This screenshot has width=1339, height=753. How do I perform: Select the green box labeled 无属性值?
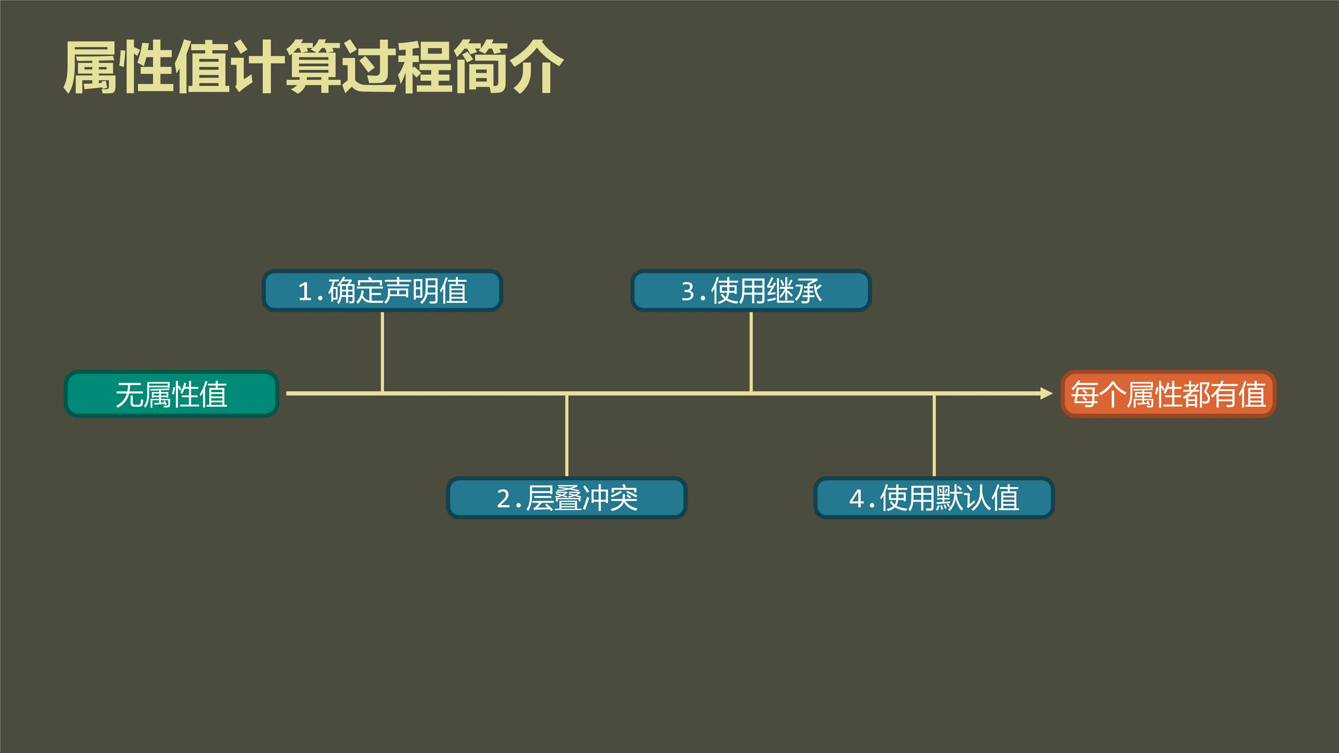click(171, 394)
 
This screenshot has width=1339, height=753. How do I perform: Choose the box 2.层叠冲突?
click(567, 498)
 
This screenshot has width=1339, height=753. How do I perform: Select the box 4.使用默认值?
click(934, 498)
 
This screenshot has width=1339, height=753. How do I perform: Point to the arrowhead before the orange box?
click(1046, 393)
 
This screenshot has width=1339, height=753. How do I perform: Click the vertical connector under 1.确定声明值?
click(383, 351)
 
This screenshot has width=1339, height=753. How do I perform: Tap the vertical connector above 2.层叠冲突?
click(567, 435)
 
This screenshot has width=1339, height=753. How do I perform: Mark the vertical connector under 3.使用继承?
click(751, 351)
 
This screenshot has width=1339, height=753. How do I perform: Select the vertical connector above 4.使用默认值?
click(934, 435)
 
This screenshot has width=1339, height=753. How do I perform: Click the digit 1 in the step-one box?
click(305, 291)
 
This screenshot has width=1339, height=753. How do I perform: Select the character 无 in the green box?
click(130, 395)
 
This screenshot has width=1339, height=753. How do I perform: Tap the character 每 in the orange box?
click(1084, 394)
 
